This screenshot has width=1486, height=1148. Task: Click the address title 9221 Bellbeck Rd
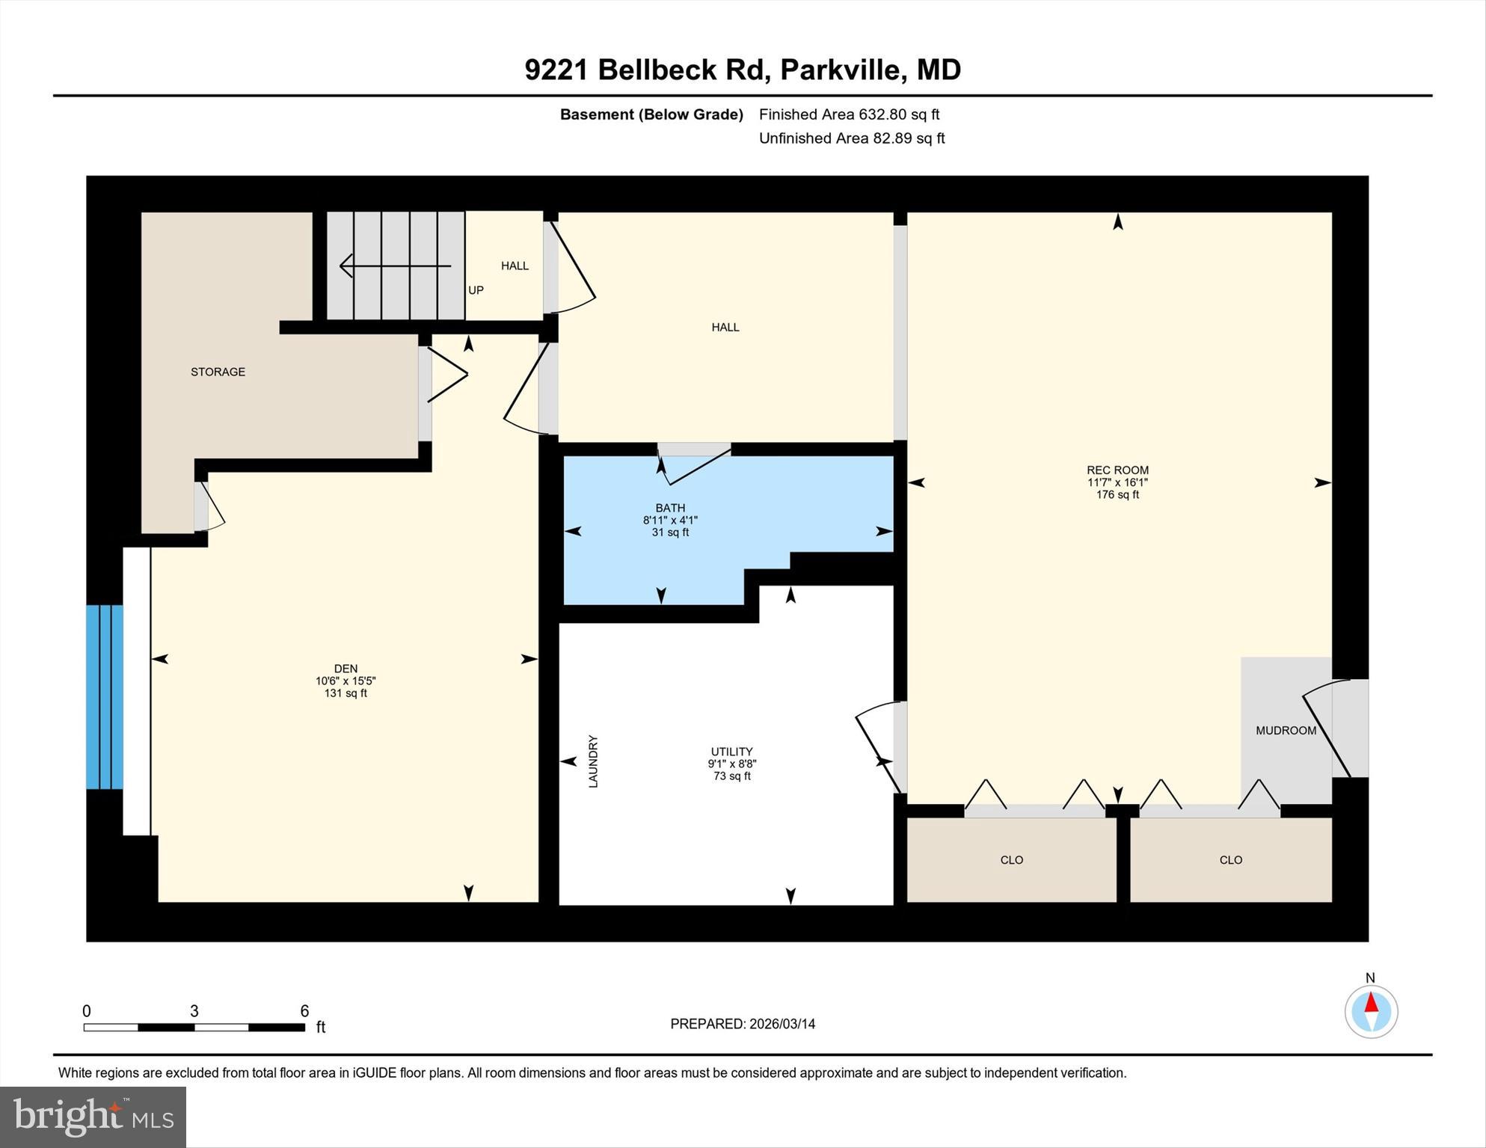[x=742, y=70]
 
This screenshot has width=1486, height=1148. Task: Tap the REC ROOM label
[x=1117, y=470]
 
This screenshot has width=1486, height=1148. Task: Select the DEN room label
[x=346, y=669]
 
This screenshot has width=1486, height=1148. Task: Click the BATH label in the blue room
[x=670, y=508]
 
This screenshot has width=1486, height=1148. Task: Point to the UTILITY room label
[x=731, y=752]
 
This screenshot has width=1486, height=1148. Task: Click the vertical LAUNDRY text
[x=593, y=761]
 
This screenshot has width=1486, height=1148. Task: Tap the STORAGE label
[x=218, y=372]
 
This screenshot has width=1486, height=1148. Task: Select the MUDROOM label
[x=1286, y=731]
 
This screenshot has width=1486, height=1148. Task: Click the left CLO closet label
[x=1011, y=860]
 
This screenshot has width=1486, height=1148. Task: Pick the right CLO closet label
[x=1230, y=860]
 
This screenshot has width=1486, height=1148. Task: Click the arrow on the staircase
[x=395, y=265]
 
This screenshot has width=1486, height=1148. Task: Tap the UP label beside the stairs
[x=476, y=290]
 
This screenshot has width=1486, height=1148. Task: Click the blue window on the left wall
[x=104, y=696]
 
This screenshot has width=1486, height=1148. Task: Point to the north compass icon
[x=1371, y=1011]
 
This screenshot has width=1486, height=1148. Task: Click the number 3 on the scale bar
[x=194, y=1011]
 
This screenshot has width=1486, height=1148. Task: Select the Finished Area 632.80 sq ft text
[x=849, y=114]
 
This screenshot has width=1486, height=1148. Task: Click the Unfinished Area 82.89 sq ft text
[x=852, y=138]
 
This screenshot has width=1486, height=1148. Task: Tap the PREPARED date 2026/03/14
[x=743, y=1024]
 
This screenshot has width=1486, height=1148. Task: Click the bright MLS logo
[x=93, y=1117]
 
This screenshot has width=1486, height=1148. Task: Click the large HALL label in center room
[x=725, y=327]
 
